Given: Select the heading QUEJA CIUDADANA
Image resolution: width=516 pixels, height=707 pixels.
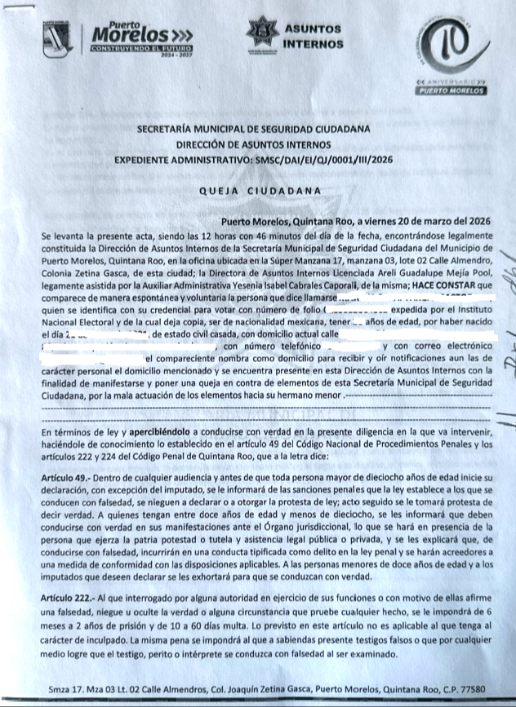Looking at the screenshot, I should [259, 191].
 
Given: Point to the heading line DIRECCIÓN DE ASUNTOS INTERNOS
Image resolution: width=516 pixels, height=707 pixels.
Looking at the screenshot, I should [253, 144].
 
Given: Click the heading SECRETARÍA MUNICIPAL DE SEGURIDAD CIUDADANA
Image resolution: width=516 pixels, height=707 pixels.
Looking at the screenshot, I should [253, 129].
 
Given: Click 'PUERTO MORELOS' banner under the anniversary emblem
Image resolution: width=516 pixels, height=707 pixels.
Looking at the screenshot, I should [451, 91].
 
